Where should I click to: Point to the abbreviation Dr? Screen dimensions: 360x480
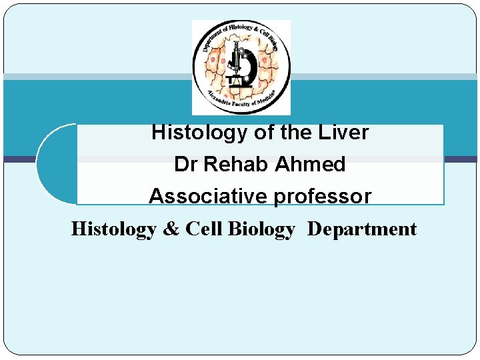click(x=185, y=165)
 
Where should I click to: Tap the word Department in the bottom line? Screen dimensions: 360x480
click(x=362, y=229)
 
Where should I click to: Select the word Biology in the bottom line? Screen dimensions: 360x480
click(x=261, y=229)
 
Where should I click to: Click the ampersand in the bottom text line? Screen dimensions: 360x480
click(x=171, y=229)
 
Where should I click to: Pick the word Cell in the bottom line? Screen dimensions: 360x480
click(x=204, y=229)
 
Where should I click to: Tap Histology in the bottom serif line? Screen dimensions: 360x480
click(x=113, y=229)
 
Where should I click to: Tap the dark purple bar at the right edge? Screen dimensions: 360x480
click(x=461, y=159)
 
